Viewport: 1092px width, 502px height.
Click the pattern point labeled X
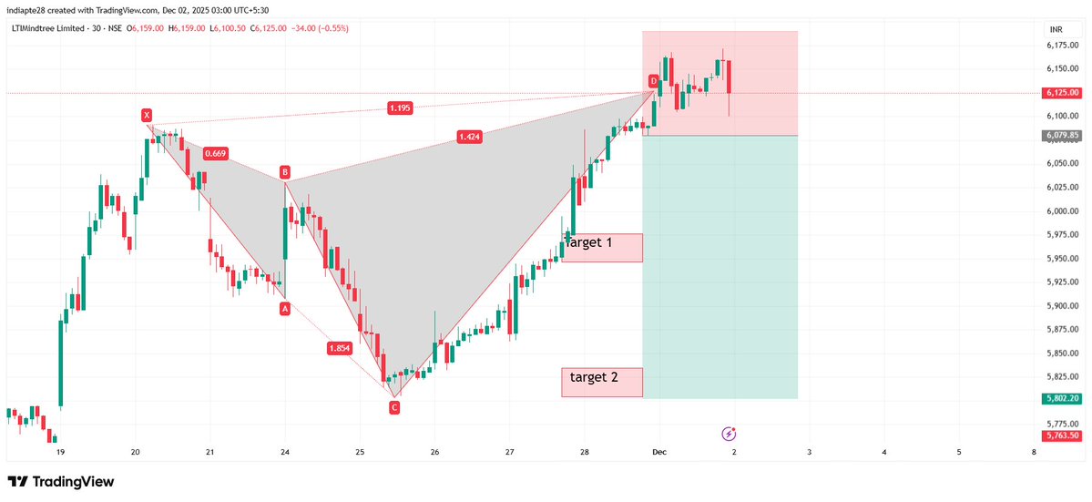[x=146, y=115]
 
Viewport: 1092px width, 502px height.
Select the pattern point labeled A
[x=285, y=309]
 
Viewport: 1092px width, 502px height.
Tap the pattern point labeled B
[x=285, y=171]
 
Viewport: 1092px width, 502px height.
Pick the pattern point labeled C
[x=394, y=407]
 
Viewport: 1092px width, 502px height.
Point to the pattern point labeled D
[x=653, y=81]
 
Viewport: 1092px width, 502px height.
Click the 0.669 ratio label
[x=215, y=154]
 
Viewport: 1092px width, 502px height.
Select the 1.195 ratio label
[x=400, y=108]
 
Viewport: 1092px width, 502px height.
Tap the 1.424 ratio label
[x=470, y=137]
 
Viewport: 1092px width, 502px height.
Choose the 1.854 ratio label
[x=341, y=348]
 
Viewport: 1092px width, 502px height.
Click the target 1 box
[x=602, y=247]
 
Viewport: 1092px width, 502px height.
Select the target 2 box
[x=602, y=382]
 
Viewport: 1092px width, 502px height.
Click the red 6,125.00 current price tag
[x=1062, y=93]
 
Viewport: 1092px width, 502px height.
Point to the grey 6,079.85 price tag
[x=1062, y=136]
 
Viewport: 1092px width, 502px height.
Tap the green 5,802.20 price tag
[x=1062, y=398]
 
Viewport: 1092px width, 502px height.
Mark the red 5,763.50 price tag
[x=1062, y=435]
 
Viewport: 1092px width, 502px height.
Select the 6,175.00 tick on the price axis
[x=1061, y=45]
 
